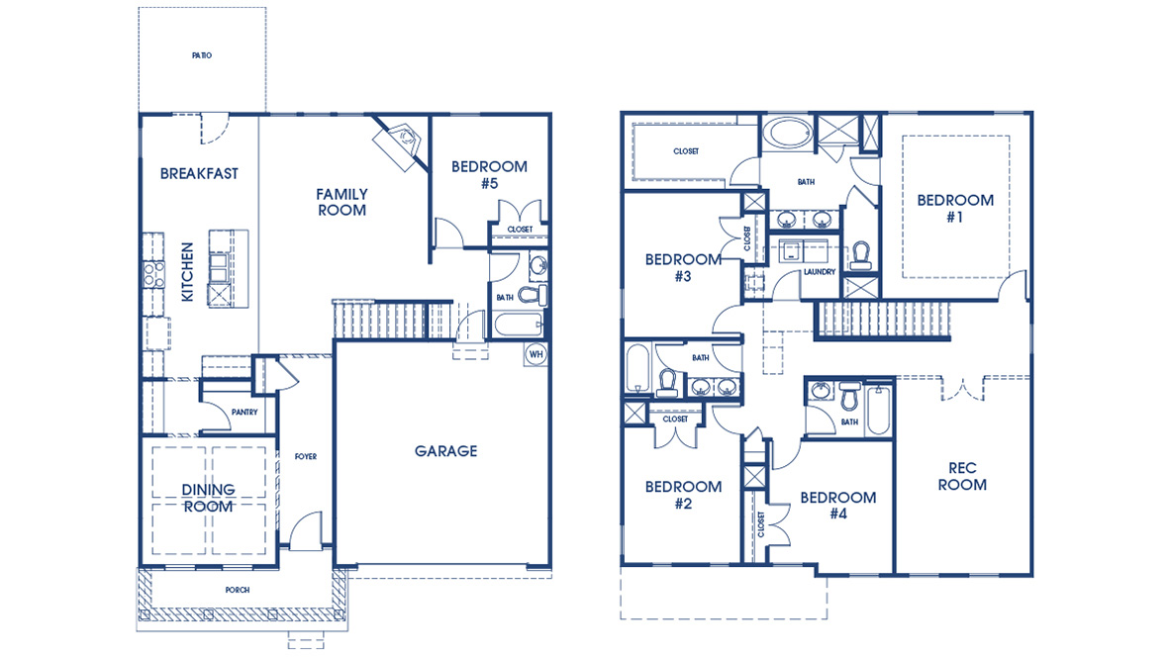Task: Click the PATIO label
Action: click(201, 55)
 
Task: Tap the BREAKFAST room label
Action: click(199, 173)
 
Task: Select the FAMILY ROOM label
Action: click(341, 202)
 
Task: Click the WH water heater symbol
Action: click(536, 353)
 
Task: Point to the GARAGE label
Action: click(445, 451)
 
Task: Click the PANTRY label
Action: click(244, 413)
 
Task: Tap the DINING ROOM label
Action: click(208, 498)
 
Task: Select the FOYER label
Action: click(306, 456)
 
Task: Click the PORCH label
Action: click(238, 590)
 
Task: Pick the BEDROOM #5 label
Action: click(489, 174)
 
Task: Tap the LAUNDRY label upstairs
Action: click(820, 271)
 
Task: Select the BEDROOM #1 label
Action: click(955, 208)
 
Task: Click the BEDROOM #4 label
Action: click(838, 505)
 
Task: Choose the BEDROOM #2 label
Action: click(683, 495)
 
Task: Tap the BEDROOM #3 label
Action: click(683, 267)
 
